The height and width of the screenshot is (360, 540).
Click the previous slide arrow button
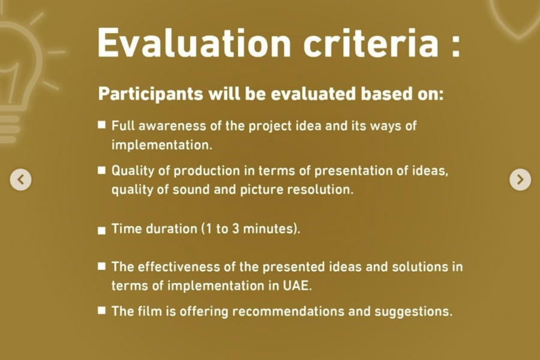click(x=20, y=179)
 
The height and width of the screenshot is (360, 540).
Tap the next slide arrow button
click(x=520, y=179)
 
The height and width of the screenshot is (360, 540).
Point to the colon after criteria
click(x=455, y=47)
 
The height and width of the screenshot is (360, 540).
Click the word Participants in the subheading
click(x=151, y=94)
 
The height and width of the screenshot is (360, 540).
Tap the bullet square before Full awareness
click(x=101, y=124)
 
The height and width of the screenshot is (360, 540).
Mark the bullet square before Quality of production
click(x=101, y=170)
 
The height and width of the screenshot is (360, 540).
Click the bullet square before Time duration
click(x=101, y=230)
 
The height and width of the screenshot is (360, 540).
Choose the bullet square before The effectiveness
click(x=101, y=266)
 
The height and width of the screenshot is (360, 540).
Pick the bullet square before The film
click(x=101, y=310)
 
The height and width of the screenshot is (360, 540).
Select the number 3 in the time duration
click(x=236, y=229)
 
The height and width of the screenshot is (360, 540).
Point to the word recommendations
click(x=288, y=311)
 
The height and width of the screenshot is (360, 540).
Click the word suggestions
click(x=413, y=312)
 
